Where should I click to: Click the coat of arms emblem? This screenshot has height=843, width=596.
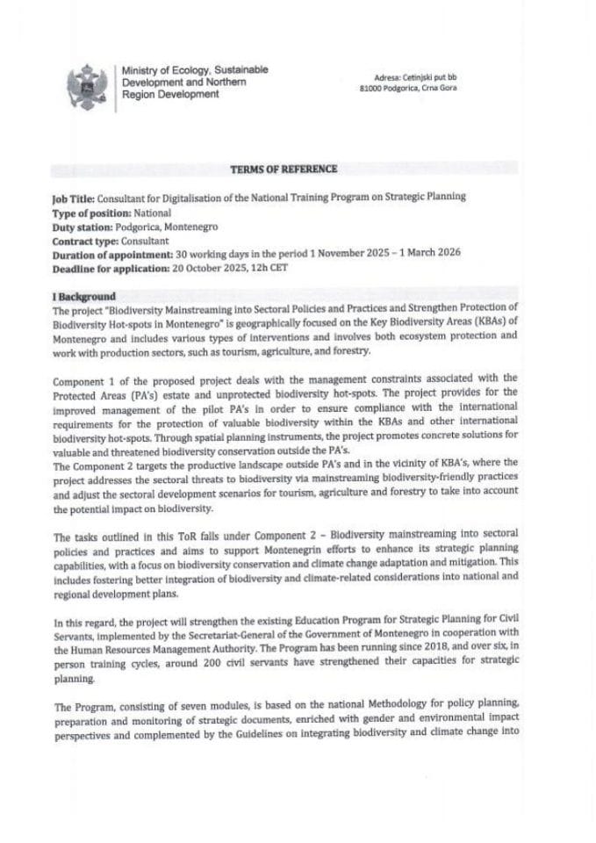[x=87, y=86]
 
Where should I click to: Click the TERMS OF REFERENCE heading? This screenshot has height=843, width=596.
[x=283, y=169]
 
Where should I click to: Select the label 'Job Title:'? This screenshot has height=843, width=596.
[x=73, y=199]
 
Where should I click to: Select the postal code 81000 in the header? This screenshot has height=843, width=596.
[x=375, y=88]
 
